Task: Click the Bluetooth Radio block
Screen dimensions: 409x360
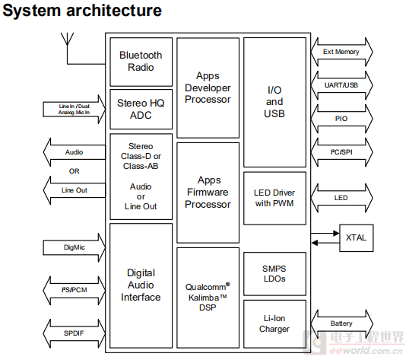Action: (141, 62)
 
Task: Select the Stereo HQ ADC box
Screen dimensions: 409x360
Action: (141, 109)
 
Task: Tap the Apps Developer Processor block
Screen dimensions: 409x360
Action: (208, 88)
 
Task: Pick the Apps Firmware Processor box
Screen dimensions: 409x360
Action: (208, 193)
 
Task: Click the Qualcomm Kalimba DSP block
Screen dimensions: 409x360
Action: (208, 298)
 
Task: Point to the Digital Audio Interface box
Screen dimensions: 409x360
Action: (141, 285)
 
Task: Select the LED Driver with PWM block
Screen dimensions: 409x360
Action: (274, 198)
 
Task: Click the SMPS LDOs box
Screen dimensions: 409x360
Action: (274, 273)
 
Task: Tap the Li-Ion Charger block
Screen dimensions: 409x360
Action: (274, 324)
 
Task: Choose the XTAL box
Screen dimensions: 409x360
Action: (357, 237)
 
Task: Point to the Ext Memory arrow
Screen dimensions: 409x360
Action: (341, 52)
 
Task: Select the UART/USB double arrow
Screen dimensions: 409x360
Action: (341, 85)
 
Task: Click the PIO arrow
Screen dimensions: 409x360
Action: (341, 119)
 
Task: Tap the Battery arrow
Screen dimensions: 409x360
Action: (341, 323)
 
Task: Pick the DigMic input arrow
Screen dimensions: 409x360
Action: (75, 247)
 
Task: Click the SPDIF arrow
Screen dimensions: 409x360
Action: (75, 333)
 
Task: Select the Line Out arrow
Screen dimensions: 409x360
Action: (75, 190)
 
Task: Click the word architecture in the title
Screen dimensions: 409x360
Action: (114, 11)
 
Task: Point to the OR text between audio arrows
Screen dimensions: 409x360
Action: (74, 171)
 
